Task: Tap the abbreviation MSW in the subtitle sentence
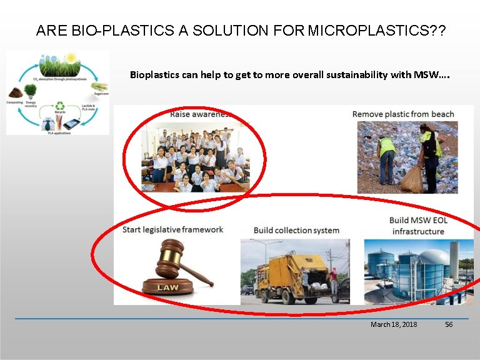pos(427,75)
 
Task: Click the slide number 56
pos(449,324)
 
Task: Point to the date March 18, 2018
pos(394,324)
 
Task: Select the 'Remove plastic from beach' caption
pos(403,114)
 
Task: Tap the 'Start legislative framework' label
pos(172,229)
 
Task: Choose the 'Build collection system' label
pos(296,230)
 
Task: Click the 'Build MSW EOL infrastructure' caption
pos(418,226)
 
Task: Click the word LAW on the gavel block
pos(167,287)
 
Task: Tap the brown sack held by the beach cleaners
pos(412,179)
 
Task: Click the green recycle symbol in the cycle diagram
pos(60,106)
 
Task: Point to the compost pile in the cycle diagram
pos(14,92)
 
